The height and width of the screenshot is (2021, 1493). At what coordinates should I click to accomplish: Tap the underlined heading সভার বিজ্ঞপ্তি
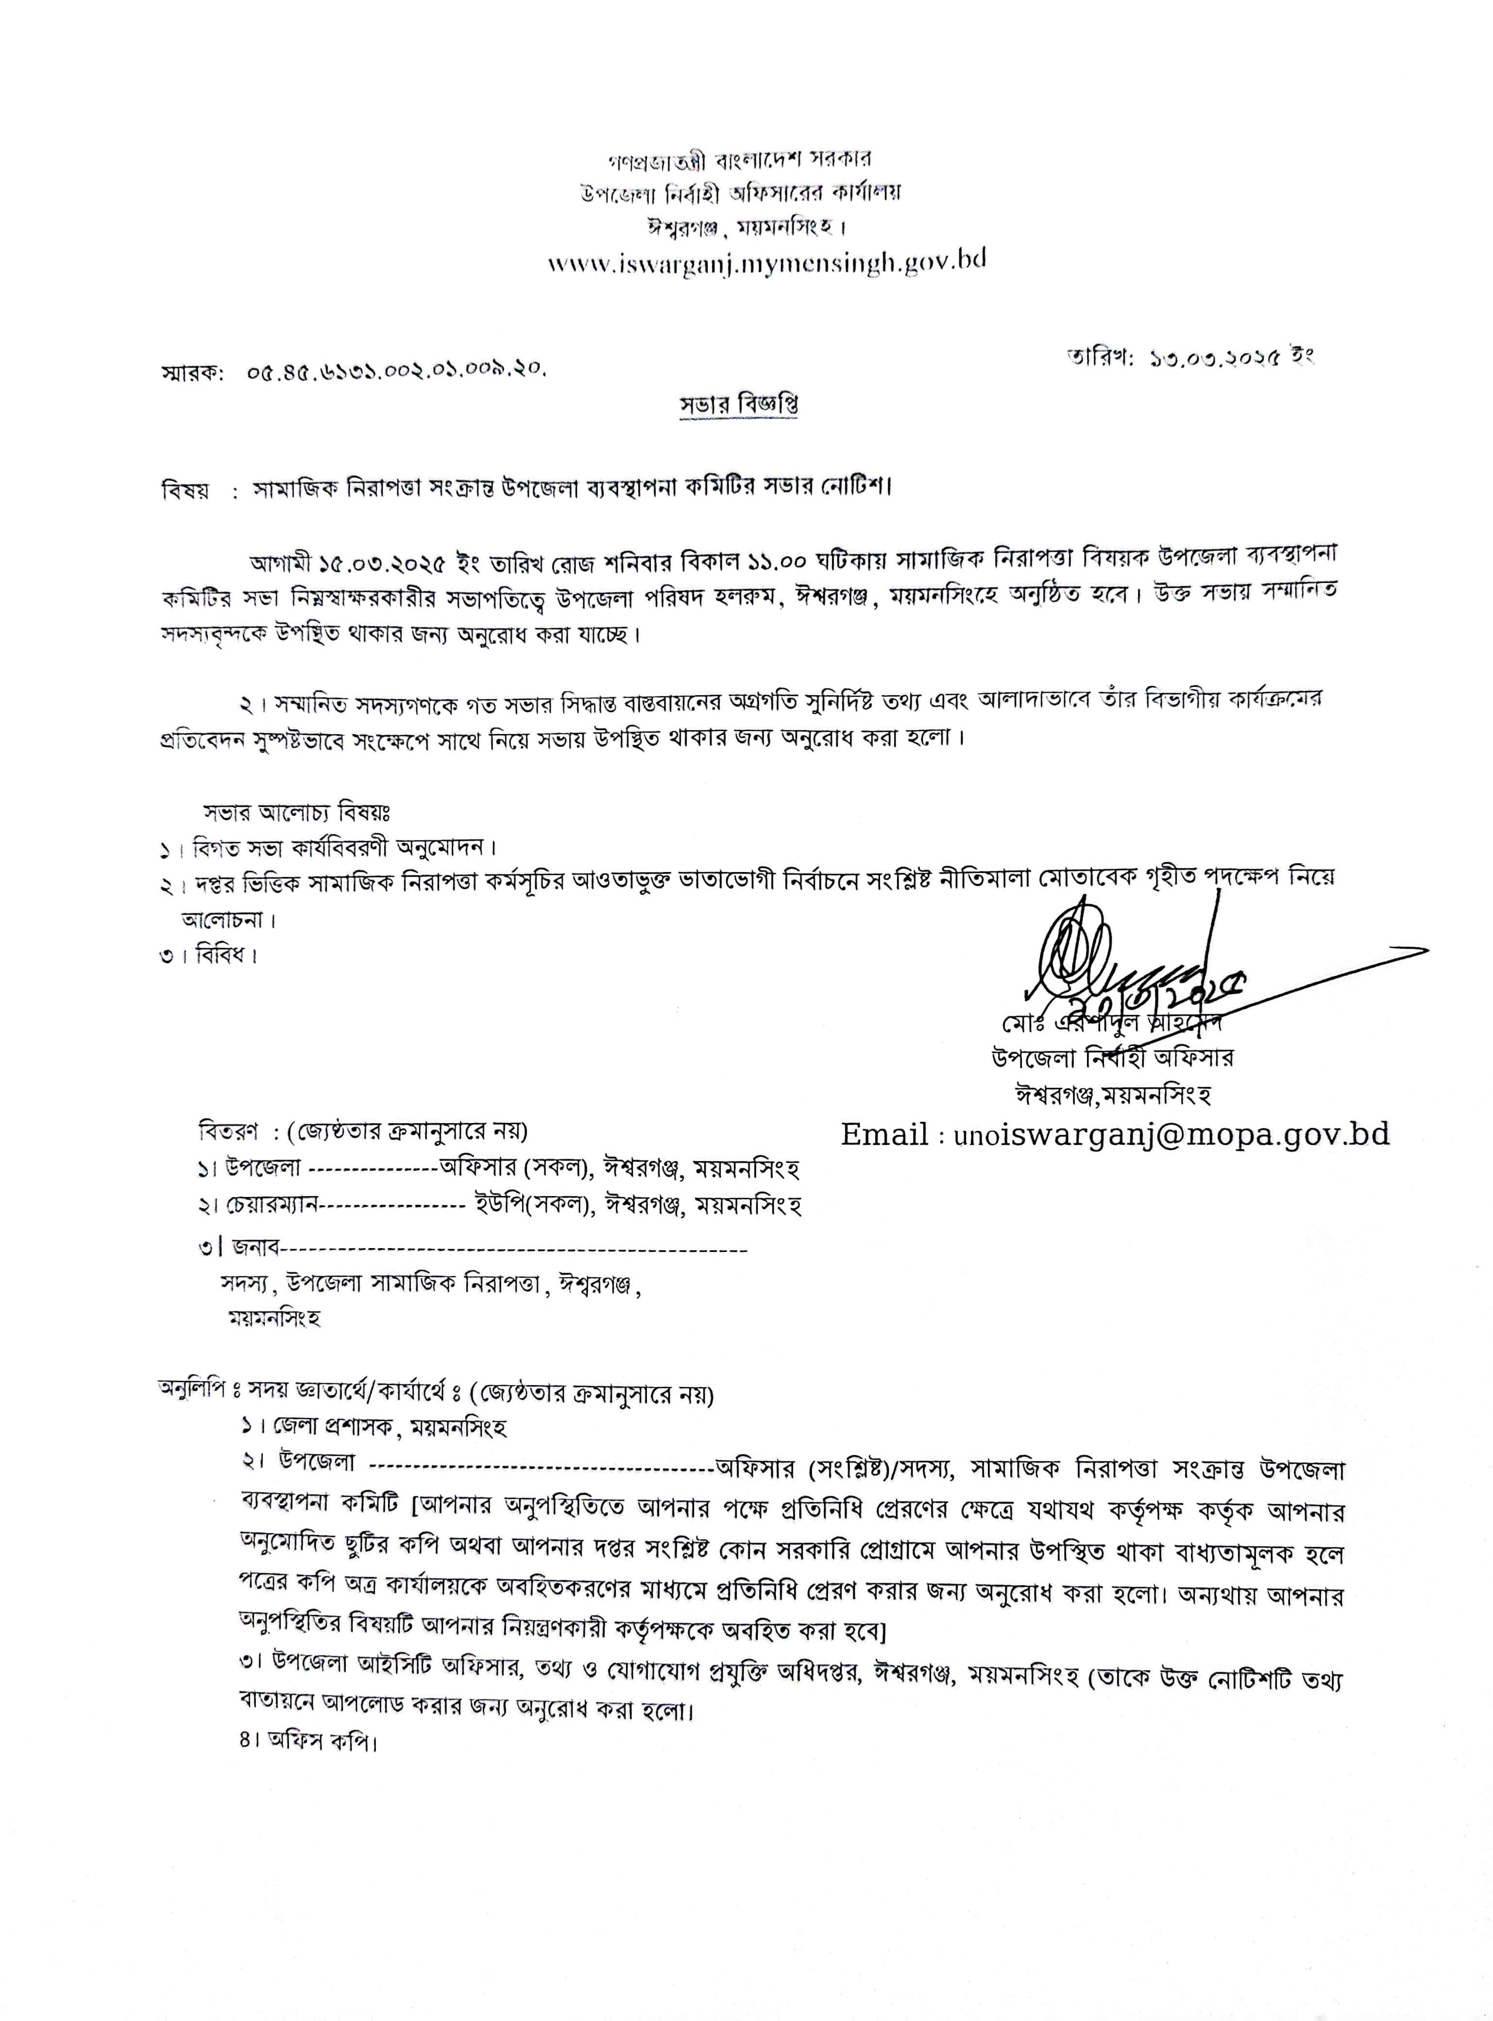(x=738, y=405)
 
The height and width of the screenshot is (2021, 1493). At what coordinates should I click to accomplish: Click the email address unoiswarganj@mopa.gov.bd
(x=1171, y=1134)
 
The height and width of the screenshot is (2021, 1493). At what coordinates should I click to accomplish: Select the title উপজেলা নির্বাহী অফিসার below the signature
(x=1112, y=1058)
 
